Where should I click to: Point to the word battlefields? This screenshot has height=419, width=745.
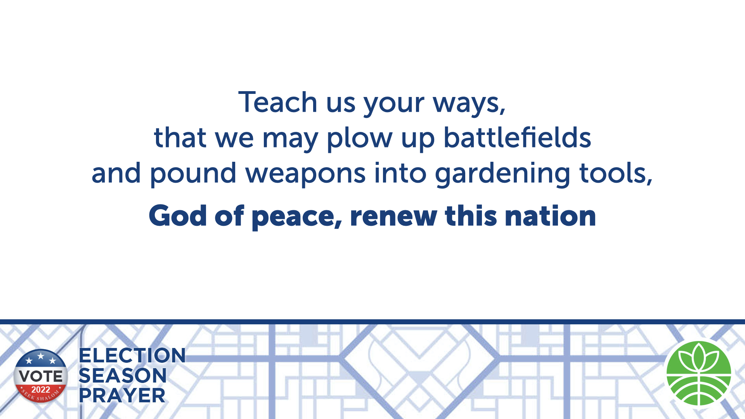(517, 137)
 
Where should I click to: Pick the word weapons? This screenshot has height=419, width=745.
(305, 175)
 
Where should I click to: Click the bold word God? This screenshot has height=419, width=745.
(178, 216)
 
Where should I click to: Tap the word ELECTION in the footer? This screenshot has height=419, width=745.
(132, 355)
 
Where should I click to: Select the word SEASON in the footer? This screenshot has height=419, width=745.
(123, 376)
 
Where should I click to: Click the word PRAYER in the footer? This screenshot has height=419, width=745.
(122, 396)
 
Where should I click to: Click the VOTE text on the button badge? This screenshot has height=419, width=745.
(41, 376)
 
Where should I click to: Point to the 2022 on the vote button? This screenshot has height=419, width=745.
(41, 390)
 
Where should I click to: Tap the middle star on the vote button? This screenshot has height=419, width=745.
(41, 356)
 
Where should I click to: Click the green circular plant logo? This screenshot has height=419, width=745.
(698, 373)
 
